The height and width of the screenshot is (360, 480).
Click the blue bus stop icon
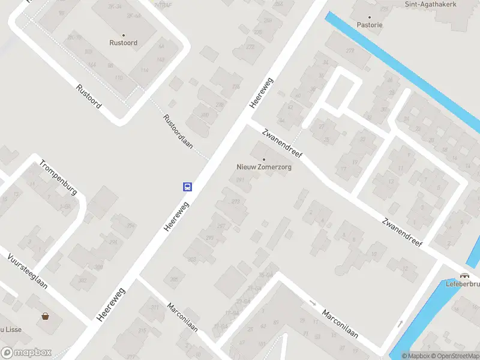[x=187, y=187]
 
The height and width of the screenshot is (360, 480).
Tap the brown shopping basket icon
[x=45, y=316]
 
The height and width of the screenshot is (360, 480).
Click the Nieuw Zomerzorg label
[x=264, y=167]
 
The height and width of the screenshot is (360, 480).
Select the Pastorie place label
[x=369, y=25]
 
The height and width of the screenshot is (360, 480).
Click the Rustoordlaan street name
[x=178, y=131]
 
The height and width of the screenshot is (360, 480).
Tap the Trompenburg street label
[x=58, y=177]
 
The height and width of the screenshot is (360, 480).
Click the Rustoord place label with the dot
[x=124, y=43]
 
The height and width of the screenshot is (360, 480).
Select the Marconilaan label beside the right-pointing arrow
[x=340, y=323]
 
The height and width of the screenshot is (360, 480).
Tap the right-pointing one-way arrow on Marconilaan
[x=312, y=302]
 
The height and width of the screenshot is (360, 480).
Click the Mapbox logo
[x=26, y=353]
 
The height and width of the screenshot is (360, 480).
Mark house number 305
[x=174, y=278]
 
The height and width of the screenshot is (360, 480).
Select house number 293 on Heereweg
[x=236, y=201]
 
